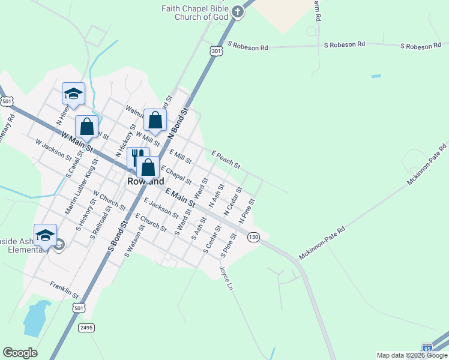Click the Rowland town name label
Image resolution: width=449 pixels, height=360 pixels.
click(146, 181)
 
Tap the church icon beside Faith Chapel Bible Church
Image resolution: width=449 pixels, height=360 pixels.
click(238, 12)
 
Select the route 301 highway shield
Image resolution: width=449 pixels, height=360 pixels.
click(217, 52)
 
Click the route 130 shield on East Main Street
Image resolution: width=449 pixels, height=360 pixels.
click(254, 237)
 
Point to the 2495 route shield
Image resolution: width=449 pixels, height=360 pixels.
click(86, 327)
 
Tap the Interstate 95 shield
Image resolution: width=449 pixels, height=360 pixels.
click(427, 348)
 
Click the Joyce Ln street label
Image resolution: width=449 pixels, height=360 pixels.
click(227, 278)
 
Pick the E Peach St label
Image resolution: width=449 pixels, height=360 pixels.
click(226, 160)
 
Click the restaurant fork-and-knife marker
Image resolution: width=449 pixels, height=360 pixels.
click(137, 158)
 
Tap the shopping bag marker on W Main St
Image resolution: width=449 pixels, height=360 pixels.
click(87, 127)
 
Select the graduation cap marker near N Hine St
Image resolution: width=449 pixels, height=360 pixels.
click(73, 94)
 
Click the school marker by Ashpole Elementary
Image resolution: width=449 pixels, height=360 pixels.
click(45, 235)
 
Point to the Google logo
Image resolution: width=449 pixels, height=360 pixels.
click(20, 353)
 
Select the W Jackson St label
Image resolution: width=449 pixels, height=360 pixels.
click(53, 150)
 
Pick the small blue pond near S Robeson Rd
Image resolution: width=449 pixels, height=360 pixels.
click(376, 76)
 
